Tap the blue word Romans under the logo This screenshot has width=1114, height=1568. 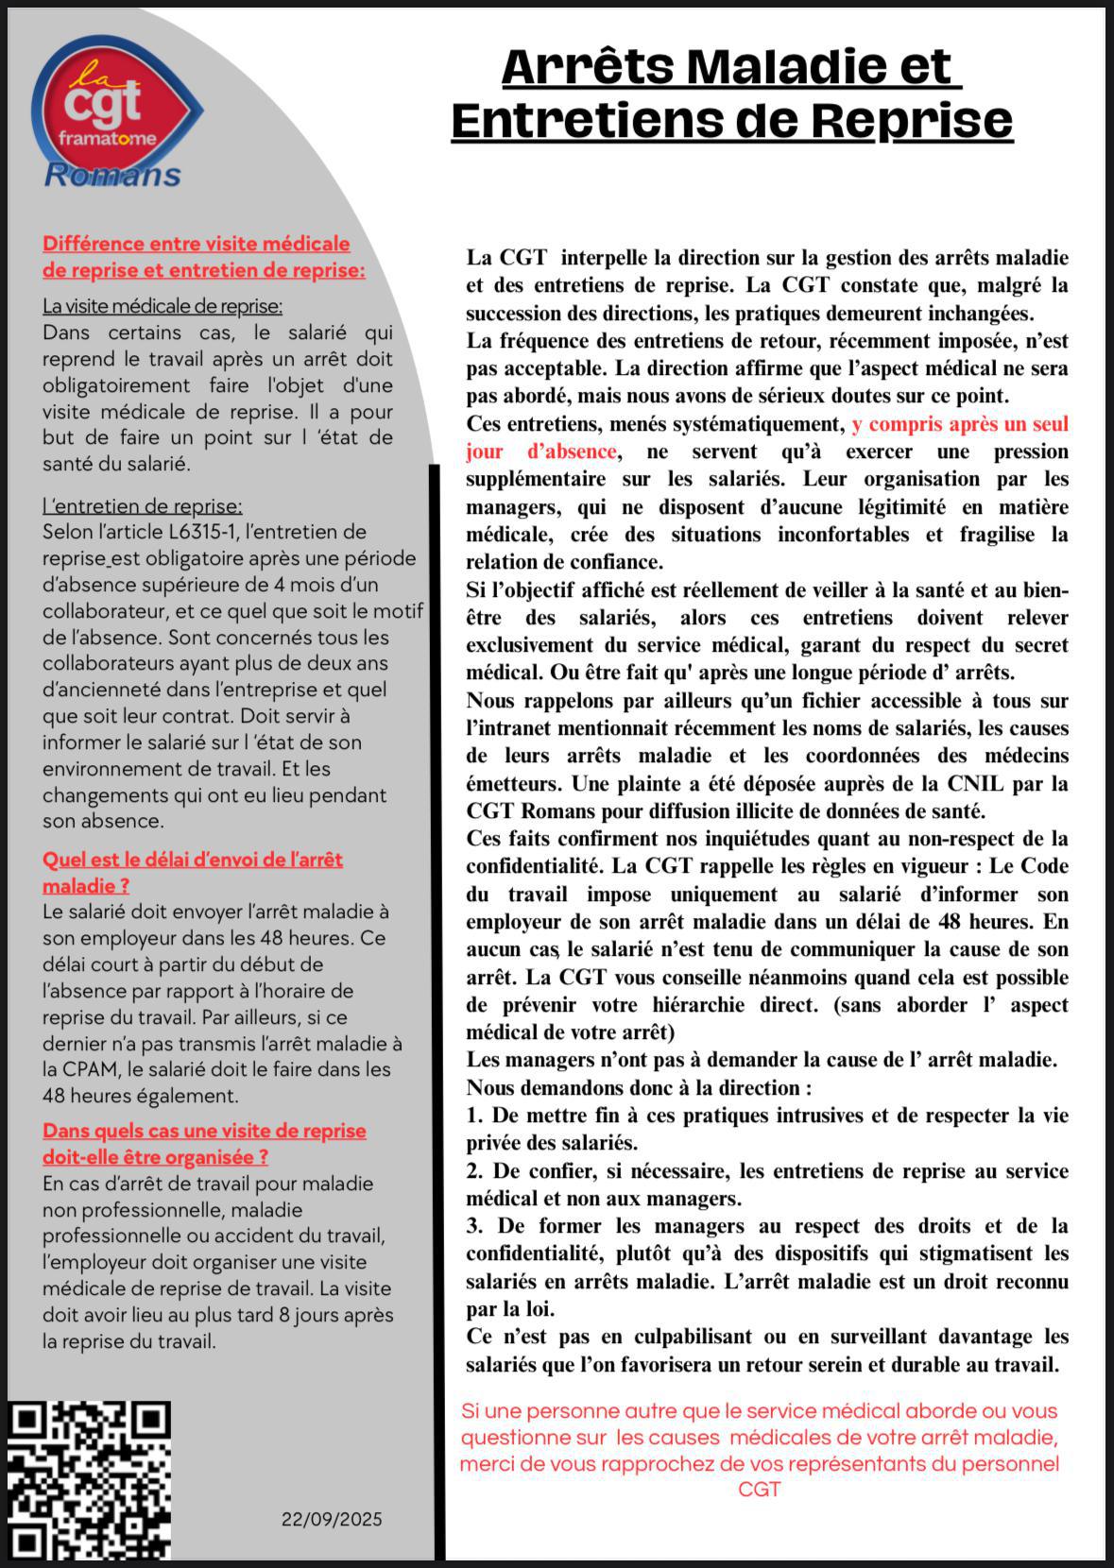(112, 175)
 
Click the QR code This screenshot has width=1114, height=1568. (91, 1480)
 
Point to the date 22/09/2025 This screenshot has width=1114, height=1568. (332, 1519)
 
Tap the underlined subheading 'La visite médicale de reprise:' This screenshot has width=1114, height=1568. (163, 306)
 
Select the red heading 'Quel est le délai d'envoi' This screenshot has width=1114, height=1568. (193, 860)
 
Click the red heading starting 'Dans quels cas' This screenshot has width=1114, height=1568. (204, 1131)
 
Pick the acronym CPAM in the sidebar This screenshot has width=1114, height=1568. (91, 1069)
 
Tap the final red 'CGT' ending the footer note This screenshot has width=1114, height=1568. (759, 1490)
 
